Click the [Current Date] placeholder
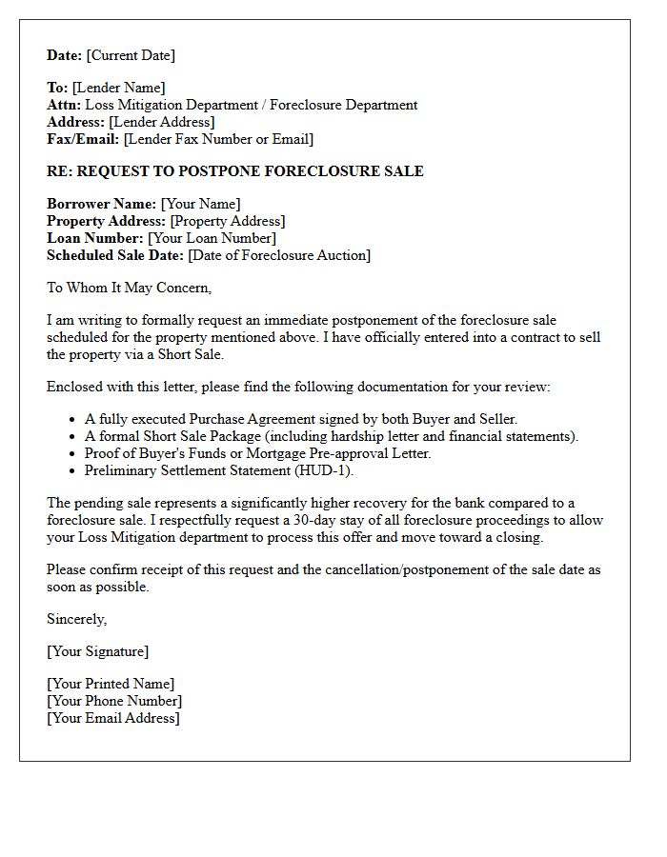click(x=131, y=55)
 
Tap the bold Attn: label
click(x=64, y=105)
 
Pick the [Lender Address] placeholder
click(x=161, y=122)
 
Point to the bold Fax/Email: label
click(x=83, y=139)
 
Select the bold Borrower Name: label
click(x=101, y=204)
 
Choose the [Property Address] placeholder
click(x=227, y=221)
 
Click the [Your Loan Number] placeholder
click(x=213, y=238)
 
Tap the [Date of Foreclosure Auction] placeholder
click(x=279, y=255)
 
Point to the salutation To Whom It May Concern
click(x=129, y=288)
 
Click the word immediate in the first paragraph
click(x=293, y=320)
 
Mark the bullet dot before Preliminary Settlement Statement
click(x=74, y=469)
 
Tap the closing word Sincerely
click(x=77, y=619)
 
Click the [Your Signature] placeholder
click(x=97, y=651)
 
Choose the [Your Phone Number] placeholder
click(x=114, y=701)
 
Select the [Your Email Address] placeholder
click(x=112, y=718)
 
